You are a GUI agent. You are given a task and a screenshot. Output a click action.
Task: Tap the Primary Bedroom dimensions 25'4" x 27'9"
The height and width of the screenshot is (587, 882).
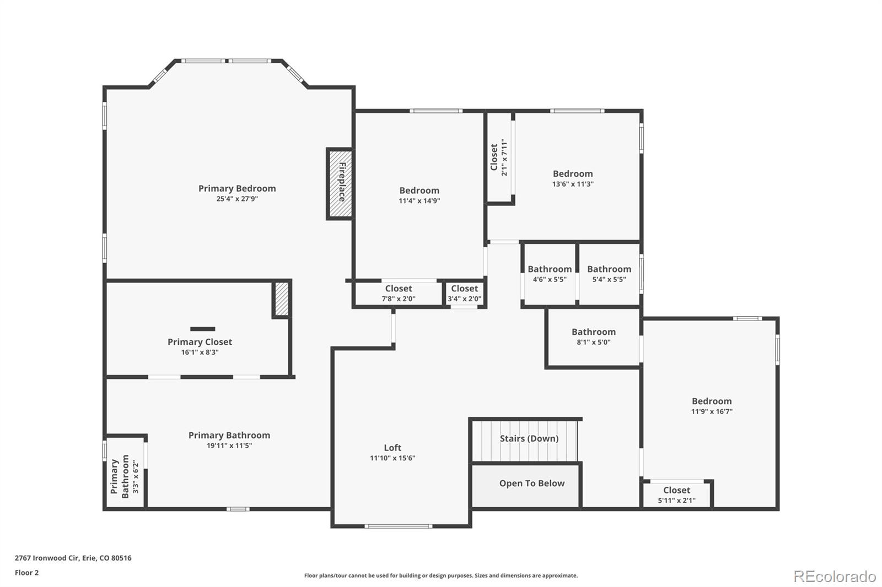point(237,199)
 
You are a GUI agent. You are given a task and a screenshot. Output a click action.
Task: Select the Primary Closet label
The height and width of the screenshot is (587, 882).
point(200,342)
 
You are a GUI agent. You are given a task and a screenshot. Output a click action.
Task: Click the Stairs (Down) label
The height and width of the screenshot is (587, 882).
point(529,438)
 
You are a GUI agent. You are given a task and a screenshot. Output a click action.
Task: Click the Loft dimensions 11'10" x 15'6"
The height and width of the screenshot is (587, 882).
point(392,458)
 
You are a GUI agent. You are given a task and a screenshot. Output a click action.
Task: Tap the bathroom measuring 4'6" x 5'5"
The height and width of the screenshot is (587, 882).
point(550,274)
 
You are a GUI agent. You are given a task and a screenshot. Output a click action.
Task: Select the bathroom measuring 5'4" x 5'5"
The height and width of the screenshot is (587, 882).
point(609,274)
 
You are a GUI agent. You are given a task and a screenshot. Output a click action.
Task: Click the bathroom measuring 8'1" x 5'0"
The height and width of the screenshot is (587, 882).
point(593,337)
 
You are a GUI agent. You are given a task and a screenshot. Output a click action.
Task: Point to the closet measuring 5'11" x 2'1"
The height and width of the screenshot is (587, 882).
point(676,495)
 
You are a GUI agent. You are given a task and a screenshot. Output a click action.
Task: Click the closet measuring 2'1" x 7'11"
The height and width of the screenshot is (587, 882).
point(499,157)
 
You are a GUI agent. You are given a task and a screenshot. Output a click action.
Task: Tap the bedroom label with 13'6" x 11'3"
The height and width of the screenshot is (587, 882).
point(573,174)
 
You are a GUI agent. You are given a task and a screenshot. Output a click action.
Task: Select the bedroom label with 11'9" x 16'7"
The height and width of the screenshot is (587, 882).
point(712,401)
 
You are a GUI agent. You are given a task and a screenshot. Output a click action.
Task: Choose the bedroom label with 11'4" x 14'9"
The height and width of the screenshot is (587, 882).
point(419,191)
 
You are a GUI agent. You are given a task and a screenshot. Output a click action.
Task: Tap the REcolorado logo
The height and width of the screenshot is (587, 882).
point(835,577)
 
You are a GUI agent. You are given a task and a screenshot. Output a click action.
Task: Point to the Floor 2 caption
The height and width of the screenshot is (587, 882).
point(27,573)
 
